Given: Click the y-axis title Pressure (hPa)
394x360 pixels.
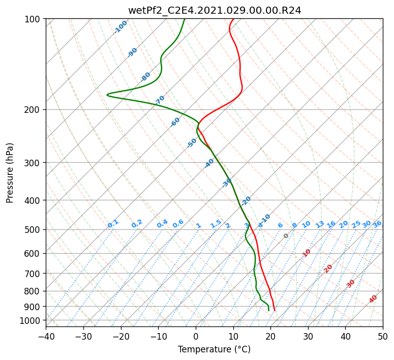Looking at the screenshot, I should (x=10, y=172).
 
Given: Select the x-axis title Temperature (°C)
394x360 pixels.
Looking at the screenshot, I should (x=214, y=349).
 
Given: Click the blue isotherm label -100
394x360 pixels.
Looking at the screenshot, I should (x=121, y=27).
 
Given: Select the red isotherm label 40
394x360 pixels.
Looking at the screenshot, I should (x=373, y=299).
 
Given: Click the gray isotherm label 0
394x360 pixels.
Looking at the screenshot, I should (x=286, y=236).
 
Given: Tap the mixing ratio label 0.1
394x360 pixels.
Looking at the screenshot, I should (x=113, y=224).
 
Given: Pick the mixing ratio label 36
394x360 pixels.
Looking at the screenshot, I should (x=377, y=224).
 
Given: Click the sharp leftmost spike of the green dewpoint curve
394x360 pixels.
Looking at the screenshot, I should (x=107, y=95).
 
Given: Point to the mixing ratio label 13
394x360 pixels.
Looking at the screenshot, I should (x=320, y=224).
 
